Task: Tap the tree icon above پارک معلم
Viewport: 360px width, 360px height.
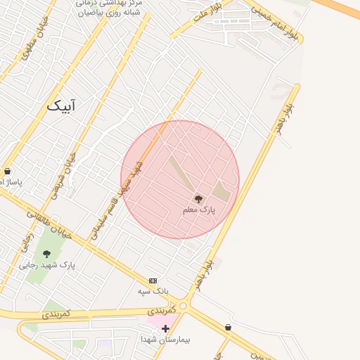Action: pyautogui.click(x=198, y=199)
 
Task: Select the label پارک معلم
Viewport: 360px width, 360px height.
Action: pyautogui.click(x=198, y=210)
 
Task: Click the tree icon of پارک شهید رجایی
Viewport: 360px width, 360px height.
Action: pyautogui.click(x=47, y=254)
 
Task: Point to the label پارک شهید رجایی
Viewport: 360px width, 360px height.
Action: pyautogui.click(x=47, y=265)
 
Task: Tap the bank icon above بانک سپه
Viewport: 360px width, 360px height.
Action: pyautogui.click(x=153, y=281)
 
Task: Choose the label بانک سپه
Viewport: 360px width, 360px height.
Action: pyautogui.click(x=153, y=290)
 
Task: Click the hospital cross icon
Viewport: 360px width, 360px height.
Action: pyautogui.click(x=165, y=328)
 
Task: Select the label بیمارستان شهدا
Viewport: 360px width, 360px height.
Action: pyautogui.click(x=166, y=339)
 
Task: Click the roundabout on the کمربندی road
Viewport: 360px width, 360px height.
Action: pyautogui.click(x=184, y=306)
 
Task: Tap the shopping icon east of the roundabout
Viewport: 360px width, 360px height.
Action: pyautogui.click(x=229, y=327)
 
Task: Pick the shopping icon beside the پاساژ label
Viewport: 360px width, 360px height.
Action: pyautogui.click(x=7, y=171)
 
